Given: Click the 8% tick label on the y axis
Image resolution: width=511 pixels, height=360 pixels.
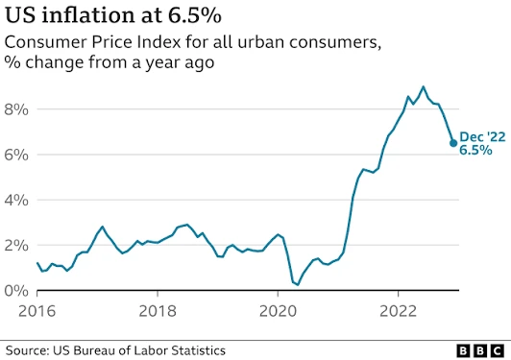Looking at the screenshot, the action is (x=16, y=109).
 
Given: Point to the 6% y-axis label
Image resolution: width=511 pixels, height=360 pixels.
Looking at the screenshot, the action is (x=16, y=156).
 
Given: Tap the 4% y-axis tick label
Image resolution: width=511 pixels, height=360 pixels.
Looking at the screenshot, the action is (x=16, y=201).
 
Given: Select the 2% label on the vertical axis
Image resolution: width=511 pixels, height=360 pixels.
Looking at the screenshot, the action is (x=16, y=246).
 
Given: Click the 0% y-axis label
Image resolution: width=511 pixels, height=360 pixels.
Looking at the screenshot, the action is (x=16, y=291).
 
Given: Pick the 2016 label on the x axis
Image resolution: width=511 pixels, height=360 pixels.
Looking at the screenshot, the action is (x=37, y=311).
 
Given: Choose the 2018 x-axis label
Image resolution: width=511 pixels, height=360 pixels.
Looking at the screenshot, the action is (x=158, y=311).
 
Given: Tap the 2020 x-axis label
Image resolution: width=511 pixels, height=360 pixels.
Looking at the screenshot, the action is (x=278, y=311).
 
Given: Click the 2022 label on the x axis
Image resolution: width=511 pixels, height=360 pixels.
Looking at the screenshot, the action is (x=399, y=311).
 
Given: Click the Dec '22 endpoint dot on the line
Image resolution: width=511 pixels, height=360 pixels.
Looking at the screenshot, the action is (x=453, y=143).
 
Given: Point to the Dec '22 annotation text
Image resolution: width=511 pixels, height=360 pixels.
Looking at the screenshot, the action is (x=482, y=137).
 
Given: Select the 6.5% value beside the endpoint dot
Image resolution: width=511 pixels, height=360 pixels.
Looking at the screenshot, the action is (x=475, y=150).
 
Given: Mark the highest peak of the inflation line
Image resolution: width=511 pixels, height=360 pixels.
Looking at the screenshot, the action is (x=423, y=86).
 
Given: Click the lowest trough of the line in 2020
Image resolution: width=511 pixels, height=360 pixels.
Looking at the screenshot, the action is (x=298, y=285).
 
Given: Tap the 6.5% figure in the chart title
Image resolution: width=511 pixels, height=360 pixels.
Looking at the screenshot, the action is (x=195, y=15).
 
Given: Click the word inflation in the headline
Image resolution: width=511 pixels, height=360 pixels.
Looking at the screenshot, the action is (x=87, y=15).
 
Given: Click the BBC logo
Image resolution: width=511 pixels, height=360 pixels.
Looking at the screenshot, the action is (x=480, y=351).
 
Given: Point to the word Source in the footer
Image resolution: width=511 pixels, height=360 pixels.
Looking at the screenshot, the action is (x=27, y=350).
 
